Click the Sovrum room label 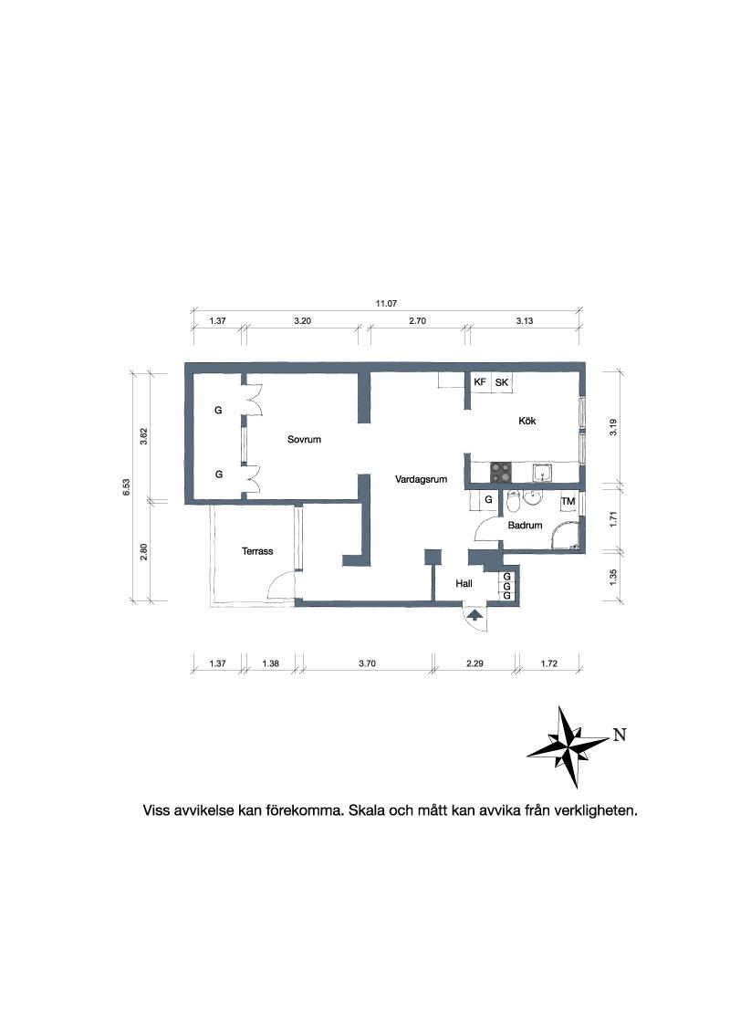(x=304, y=440)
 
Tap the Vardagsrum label (x=421, y=480)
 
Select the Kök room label (x=527, y=421)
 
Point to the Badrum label (x=525, y=526)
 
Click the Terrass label (x=257, y=551)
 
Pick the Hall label (x=464, y=584)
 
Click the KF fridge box (x=480, y=382)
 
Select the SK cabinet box (x=501, y=382)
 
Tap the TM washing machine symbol (x=568, y=501)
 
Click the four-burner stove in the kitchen (x=501, y=472)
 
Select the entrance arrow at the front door (x=474, y=617)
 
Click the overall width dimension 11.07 (x=386, y=304)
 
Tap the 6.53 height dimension (x=127, y=487)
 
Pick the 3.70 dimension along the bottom (x=367, y=663)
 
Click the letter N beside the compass (x=620, y=735)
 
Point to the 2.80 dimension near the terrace (x=143, y=551)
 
